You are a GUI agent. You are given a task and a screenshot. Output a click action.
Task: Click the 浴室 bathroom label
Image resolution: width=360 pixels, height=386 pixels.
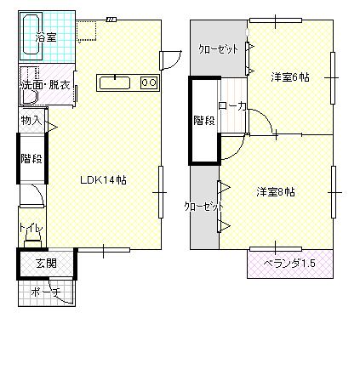(x=46, y=37)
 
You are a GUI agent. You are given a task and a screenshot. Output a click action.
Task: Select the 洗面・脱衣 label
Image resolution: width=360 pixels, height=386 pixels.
(x=46, y=85)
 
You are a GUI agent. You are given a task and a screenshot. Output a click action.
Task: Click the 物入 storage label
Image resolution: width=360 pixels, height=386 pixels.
(x=31, y=121)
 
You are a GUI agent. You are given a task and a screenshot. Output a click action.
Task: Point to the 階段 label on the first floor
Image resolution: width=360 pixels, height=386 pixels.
(x=31, y=158)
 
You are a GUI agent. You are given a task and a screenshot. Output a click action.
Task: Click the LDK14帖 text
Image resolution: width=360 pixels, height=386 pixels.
(x=103, y=180)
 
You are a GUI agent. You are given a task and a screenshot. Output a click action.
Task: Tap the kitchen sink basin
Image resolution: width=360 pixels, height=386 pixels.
(x=115, y=82)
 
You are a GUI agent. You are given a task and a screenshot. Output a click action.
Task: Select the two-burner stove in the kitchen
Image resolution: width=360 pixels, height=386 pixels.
(x=149, y=82)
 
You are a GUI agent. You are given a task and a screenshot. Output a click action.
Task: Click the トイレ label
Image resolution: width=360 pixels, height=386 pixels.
(x=31, y=228)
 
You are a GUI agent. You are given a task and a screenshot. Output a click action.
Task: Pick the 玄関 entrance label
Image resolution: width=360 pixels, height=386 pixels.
(x=46, y=264)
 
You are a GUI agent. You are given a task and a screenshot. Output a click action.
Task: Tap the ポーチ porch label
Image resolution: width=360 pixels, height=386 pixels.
(x=46, y=292)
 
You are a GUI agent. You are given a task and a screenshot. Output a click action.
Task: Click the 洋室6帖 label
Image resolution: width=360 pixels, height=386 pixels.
(x=289, y=77)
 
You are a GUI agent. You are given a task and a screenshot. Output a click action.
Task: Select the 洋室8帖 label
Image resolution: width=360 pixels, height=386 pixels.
(x=276, y=192)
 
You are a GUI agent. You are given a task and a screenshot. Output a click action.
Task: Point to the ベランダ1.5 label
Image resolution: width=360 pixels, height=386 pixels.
(x=289, y=264)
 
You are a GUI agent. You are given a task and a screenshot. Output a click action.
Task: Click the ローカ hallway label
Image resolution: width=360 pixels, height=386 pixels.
(x=231, y=106)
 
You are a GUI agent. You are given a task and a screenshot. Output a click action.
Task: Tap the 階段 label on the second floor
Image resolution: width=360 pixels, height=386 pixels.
(x=204, y=121)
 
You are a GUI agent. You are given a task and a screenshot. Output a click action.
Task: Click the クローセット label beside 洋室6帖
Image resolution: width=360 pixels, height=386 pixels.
(x=218, y=49)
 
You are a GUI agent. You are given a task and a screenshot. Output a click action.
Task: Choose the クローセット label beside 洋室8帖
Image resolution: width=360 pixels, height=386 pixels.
(x=203, y=206)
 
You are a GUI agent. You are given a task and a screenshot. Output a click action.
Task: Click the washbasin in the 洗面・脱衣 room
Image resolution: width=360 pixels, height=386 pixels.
(x=30, y=97)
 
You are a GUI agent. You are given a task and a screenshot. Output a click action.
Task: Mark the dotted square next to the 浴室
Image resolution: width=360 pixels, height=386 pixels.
(x=86, y=31)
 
